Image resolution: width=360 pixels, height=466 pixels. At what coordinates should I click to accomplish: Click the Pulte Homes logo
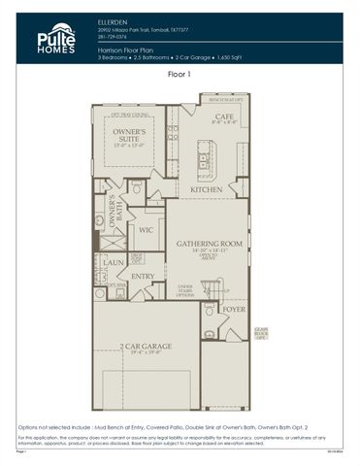tap(55, 38)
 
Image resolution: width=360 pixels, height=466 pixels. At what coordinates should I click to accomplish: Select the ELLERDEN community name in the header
tap(114, 19)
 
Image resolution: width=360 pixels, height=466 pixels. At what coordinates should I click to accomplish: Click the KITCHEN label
tap(206, 189)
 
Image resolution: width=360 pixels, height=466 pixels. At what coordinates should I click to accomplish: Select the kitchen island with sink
tap(205, 155)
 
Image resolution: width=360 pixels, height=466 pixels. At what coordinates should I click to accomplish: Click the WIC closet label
tap(147, 230)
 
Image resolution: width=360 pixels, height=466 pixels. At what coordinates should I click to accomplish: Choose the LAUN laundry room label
tap(114, 262)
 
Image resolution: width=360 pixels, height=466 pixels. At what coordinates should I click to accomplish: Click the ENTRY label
tap(143, 277)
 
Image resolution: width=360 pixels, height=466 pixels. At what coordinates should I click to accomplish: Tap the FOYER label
tap(234, 309)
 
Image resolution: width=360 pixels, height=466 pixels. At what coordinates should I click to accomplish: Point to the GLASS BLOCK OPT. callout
tap(260, 334)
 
